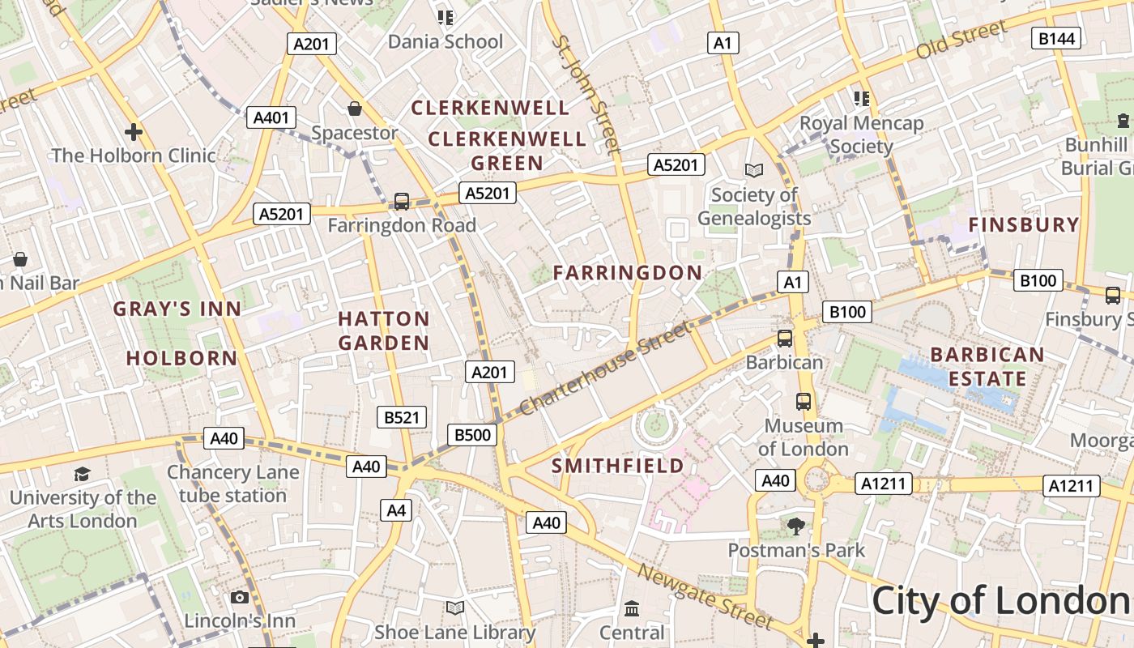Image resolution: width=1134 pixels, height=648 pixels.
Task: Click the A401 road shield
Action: pos(271,117)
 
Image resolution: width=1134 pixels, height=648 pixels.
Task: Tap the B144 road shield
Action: pos(1056,38)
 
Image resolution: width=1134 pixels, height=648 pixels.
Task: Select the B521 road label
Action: pos(402,417)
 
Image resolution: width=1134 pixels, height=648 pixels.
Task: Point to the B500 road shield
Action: pos(472,435)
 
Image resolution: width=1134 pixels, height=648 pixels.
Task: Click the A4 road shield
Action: pos(395,510)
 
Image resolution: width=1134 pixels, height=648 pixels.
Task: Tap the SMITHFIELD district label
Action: pos(617,466)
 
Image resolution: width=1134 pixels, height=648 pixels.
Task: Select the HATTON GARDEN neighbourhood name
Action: pos(384,330)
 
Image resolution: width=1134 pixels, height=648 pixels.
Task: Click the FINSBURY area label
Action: pos(1024,225)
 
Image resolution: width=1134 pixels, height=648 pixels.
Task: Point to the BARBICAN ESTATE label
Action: pos(987,366)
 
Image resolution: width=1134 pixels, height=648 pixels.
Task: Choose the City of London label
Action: pos(1001,601)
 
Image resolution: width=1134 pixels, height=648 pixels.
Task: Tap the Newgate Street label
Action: pos(704,597)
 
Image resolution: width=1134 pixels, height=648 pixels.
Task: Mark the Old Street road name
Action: pos(961,40)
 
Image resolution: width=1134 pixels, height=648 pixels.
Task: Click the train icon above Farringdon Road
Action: pos(401,201)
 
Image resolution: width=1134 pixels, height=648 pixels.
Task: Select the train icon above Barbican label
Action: pos(784,338)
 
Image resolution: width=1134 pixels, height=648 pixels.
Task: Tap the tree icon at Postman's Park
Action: pos(796,526)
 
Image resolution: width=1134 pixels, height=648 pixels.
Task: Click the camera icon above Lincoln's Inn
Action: pos(239,598)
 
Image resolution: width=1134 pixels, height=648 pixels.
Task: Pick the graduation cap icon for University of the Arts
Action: pos(82,474)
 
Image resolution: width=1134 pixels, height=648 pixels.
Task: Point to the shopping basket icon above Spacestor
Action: pos(355,109)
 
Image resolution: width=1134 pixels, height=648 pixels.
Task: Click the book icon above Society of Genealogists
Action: pos(754,170)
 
